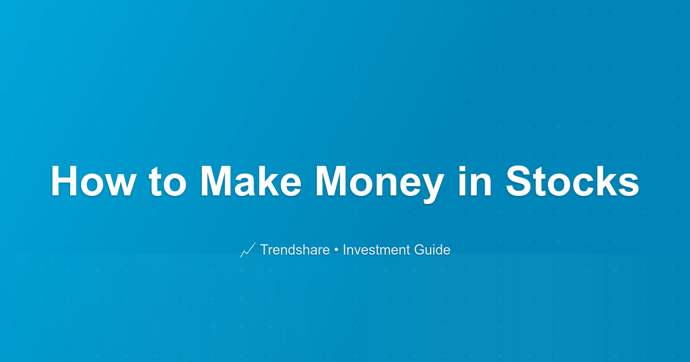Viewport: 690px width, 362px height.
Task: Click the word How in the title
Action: coord(93,180)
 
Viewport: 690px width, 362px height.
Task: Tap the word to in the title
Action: coord(167,182)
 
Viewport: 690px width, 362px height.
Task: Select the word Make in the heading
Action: coord(251,180)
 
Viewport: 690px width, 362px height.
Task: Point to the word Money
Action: coord(379,184)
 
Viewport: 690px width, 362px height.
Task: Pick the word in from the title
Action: coord(475,180)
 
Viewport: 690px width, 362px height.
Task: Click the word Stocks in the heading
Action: coord(572,180)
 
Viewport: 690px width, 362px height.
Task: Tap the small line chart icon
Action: coord(248,249)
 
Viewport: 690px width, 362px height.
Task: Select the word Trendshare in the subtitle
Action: coord(295,249)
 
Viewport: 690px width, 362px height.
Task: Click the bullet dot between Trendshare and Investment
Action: coord(336,250)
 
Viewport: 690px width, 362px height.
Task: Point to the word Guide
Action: coord(432,249)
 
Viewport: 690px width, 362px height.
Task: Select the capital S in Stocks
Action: coord(519,180)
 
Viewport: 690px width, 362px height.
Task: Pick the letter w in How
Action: coord(120,184)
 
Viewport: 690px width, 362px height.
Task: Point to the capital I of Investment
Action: coord(344,249)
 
